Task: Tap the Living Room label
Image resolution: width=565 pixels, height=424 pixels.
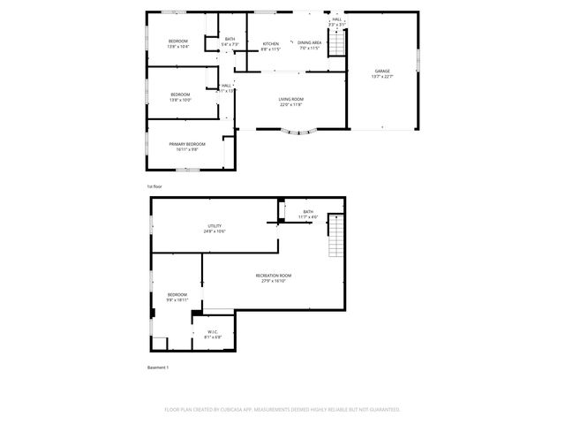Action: click(291, 102)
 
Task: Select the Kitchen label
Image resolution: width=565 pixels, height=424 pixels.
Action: click(271, 46)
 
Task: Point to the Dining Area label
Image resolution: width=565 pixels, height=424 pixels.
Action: click(309, 45)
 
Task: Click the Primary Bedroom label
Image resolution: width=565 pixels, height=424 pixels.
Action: click(187, 147)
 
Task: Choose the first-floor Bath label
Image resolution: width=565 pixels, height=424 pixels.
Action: click(230, 42)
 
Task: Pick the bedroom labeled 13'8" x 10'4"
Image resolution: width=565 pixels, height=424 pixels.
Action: click(179, 43)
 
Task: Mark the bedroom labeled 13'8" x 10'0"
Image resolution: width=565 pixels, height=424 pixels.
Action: click(180, 96)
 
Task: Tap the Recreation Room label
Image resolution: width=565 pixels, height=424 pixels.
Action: click(274, 278)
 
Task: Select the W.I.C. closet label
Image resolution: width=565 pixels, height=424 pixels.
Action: click(213, 335)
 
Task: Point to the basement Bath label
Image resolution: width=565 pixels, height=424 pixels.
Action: click(308, 214)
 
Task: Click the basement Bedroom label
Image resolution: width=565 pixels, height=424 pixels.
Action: click(177, 297)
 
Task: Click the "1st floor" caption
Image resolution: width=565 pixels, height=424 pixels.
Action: click(154, 186)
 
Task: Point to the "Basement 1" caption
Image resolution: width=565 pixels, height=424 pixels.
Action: click(157, 367)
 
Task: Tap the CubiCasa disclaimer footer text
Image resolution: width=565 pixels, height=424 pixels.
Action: click(282, 409)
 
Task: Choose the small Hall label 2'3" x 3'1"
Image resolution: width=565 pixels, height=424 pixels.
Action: click(337, 22)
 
